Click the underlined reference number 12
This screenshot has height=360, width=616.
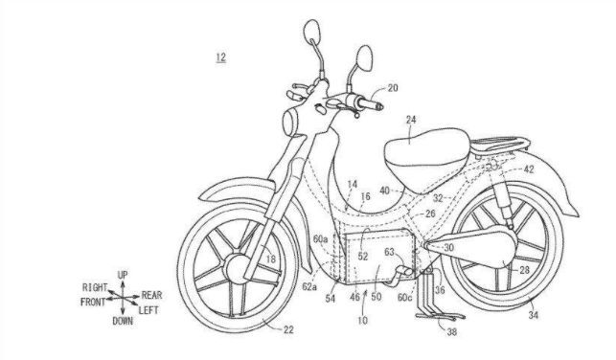click(x=219, y=58)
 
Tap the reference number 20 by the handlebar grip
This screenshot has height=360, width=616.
click(x=393, y=88)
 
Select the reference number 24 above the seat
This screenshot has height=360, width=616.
click(x=410, y=121)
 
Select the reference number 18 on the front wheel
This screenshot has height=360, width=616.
click(x=271, y=259)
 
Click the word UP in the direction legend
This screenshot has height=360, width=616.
click(x=123, y=276)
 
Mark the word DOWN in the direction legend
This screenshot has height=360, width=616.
click(x=123, y=322)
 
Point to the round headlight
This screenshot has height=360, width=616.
click(x=290, y=124)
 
